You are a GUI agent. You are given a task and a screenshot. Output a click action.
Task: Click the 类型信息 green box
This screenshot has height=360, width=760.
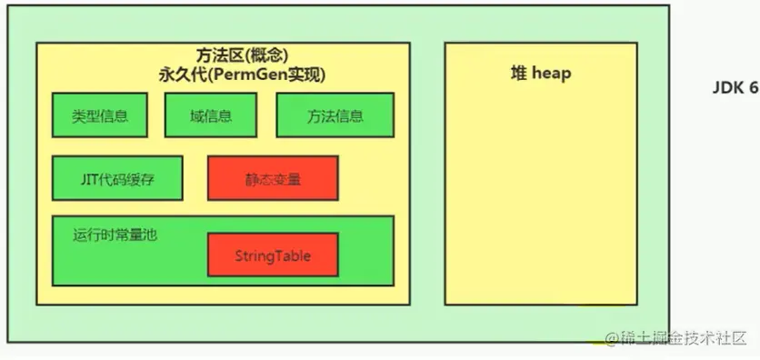(x=100, y=115)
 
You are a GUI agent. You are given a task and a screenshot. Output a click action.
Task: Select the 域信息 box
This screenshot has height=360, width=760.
(x=210, y=115)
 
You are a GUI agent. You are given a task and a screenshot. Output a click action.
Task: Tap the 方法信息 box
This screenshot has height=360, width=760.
(x=335, y=115)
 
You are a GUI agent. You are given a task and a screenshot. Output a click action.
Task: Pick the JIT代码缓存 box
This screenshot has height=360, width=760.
(x=118, y=179)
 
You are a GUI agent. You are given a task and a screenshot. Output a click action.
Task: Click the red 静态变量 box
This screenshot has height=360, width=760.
(x=273, y=179)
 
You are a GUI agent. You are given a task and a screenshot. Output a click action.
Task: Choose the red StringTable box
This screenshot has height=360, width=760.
(x=273, y=256)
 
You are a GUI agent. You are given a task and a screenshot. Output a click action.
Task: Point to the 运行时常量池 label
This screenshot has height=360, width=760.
(x=115, y=234)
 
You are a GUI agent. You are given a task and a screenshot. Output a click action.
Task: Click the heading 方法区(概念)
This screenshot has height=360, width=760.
(x=242, y=55)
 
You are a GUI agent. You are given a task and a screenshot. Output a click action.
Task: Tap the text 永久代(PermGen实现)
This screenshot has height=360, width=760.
(x=242, y=75)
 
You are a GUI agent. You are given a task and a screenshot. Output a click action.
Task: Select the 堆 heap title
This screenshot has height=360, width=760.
(x=541, y=74)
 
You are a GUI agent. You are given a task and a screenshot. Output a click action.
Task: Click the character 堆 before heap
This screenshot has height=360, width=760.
(x=519, y=74)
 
